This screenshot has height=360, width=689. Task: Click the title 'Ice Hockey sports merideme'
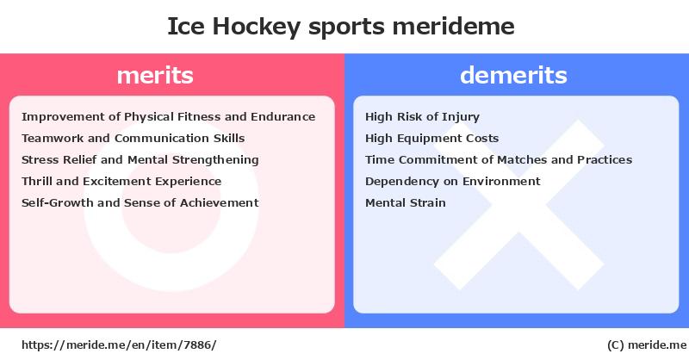coord(340,27)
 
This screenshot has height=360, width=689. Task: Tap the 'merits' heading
coord(155,75)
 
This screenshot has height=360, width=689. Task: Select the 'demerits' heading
coord(513,75)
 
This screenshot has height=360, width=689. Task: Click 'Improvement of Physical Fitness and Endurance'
coord(168,117)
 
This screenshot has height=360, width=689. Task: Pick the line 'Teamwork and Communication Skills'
coord(133,139)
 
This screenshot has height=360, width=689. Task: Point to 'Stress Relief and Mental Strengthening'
coord(140,160)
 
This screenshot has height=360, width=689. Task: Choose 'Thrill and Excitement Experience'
coord(121,182)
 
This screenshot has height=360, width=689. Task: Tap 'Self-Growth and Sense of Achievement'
coord(140,202)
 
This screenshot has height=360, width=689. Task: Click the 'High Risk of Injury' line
coord(422,117)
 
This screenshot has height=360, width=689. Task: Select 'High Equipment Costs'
coord(432,139)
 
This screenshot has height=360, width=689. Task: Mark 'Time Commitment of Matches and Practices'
coord(499,160)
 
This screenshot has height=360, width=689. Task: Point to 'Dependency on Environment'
coord(453,182)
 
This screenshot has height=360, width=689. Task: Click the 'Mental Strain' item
coord(405,202)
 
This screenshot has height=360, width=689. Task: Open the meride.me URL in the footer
coord(119,345)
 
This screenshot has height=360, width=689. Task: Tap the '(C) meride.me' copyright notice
coord(647,345)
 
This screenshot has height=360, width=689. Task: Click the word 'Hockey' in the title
coord(256,28)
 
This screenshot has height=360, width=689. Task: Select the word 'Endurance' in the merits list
coord(283,117)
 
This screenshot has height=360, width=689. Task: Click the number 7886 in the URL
coord(197,345)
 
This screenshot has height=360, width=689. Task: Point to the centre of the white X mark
coord(519,205)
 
